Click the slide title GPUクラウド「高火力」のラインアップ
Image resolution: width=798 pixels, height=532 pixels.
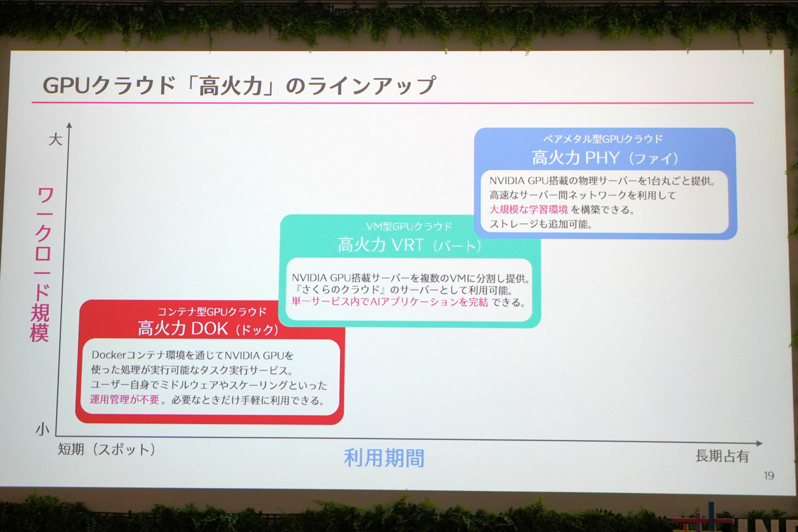[239, 86]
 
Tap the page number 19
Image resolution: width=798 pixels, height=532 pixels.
[768, 475]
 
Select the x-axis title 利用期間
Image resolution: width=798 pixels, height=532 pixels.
[384, 458]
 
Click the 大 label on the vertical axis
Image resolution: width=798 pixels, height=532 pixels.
[55, 139]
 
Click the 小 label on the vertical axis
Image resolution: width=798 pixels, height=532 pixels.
[42, 429]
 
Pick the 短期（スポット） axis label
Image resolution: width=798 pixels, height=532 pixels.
[106, 449]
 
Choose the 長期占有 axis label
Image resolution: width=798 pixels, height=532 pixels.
[722, 456]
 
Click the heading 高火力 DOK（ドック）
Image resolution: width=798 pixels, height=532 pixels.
[208, 329]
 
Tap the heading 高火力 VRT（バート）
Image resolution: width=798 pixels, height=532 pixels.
[409, 245]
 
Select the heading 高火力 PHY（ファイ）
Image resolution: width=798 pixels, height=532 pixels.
[605, 158]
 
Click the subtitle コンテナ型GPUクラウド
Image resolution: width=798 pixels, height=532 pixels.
[212, 312]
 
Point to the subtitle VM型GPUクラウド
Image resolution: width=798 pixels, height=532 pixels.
[409, 227]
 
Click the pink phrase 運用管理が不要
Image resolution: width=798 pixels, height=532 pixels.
[125, 399]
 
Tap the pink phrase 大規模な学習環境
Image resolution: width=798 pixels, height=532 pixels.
[528, 209]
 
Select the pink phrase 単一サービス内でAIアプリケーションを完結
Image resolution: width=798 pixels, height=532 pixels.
[389, 302]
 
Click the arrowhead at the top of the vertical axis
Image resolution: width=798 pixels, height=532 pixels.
[69, 125]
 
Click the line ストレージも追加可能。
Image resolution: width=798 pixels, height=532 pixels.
[541, 224]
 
